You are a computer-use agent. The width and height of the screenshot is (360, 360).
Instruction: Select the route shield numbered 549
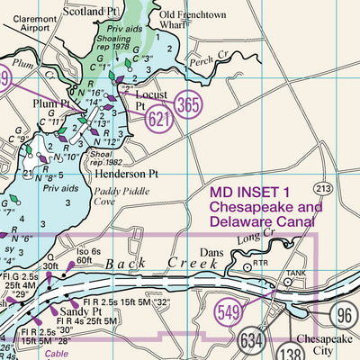tap(229, 312)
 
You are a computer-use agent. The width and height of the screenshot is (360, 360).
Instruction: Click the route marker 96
tap(343, 314)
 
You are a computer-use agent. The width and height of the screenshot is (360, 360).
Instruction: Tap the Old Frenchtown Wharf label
tap(191, 19)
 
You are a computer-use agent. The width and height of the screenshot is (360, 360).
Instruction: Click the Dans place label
tap(211, 253)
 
